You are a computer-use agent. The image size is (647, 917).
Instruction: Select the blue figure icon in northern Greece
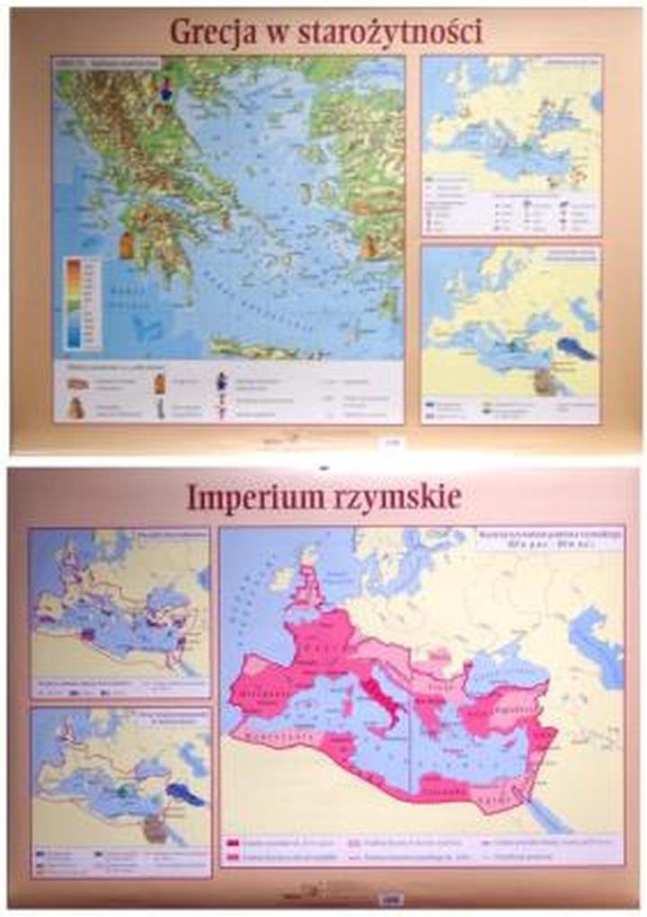165,90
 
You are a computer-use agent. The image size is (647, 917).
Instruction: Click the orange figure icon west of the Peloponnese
127,243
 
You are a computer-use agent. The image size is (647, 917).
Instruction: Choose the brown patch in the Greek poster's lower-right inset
545,381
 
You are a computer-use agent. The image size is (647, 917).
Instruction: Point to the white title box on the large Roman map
548,538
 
